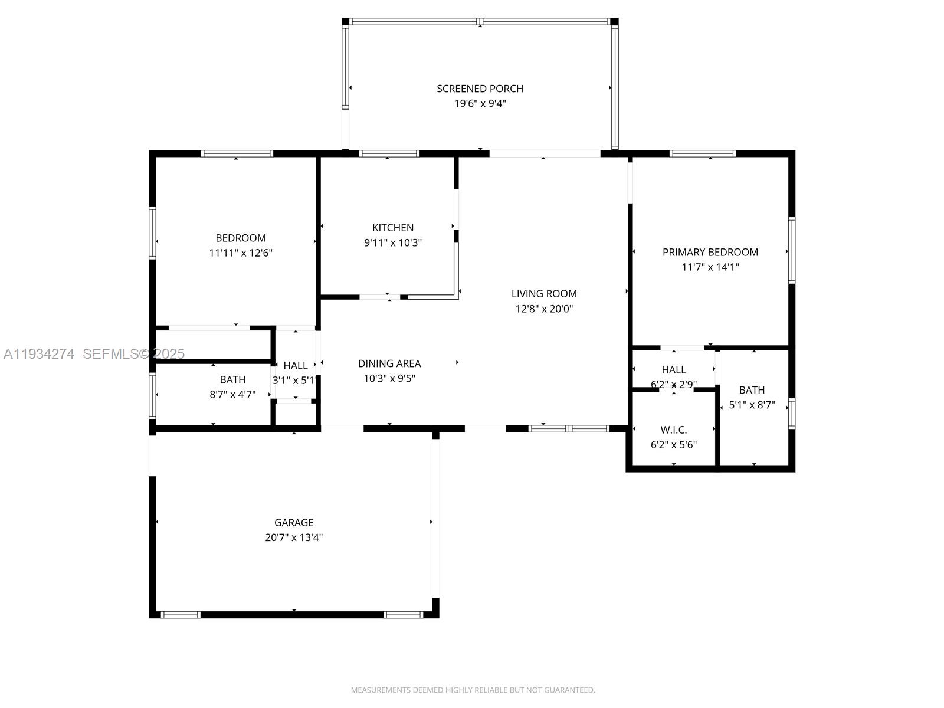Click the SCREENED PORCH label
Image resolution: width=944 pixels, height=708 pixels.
480,88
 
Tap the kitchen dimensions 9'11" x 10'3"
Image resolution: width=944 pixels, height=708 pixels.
393,242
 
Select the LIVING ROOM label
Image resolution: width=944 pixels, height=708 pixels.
544,294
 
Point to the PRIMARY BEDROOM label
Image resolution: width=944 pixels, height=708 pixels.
710,253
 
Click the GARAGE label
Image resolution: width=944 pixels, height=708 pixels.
294,522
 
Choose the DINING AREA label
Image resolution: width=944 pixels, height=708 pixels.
389,363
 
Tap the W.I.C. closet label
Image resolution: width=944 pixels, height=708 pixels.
674,430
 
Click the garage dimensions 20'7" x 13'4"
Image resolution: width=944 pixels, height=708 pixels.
294,537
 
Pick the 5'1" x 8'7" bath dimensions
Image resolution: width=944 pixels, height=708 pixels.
752,405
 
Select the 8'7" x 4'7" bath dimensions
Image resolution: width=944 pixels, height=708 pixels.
232,395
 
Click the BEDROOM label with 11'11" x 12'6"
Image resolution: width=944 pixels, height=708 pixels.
240,238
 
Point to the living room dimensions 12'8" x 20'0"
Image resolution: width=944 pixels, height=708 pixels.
544,309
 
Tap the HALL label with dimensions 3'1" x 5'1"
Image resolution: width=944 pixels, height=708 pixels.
296,365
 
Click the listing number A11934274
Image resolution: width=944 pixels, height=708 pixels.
39,354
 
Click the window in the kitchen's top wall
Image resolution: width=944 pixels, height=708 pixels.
389,153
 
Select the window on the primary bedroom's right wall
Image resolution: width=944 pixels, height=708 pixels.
791,251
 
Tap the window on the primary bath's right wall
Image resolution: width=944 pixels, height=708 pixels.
791,414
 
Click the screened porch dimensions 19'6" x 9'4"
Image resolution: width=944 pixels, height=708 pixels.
480,104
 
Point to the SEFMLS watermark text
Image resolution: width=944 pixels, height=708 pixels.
133,354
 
